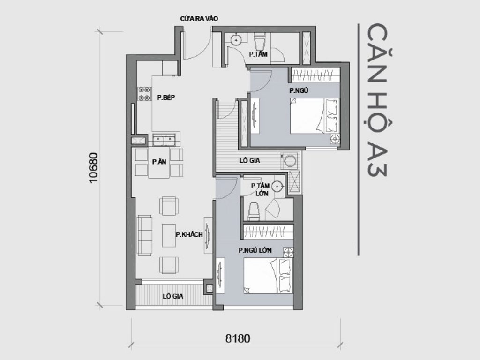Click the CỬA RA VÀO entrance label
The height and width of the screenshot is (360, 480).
(199, 18)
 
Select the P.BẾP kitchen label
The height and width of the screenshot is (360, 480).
(166, 97)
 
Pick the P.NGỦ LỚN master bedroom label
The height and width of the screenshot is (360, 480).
(255, 250)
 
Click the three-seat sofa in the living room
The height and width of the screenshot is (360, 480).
(144, 235)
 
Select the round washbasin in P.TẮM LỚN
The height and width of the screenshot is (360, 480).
(278, 187)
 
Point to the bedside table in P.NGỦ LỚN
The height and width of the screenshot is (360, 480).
(289, 253)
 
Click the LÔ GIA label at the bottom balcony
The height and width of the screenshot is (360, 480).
(172, 296)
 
